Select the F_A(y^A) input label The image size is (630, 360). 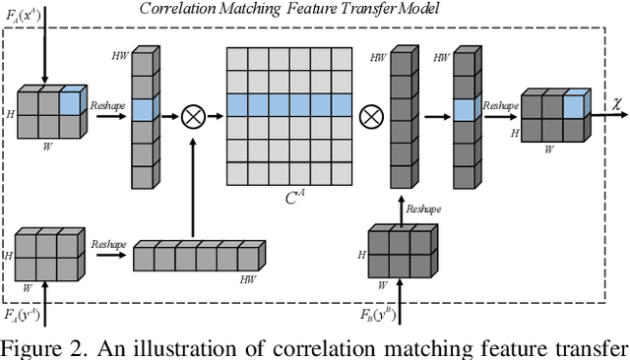[x=21, y=314]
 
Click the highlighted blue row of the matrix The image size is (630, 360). [x=288, y=104]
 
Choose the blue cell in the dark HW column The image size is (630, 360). [x=465, y=109]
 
